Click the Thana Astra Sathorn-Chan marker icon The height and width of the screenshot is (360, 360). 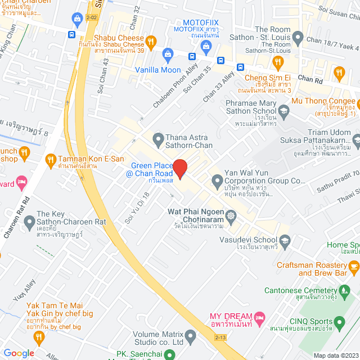[158, 138]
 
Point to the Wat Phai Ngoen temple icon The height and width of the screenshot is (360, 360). [231, 216]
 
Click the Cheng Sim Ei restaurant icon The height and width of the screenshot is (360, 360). [277, 62]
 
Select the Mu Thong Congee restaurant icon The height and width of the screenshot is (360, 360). [338, 72]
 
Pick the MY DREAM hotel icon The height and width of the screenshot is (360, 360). [259, 317]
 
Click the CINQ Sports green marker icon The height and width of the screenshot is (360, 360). [339, 322]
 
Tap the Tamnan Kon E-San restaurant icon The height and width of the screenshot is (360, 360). [51, 159]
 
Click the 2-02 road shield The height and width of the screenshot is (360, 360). [91, 18]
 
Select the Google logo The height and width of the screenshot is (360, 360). [19, 353]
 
